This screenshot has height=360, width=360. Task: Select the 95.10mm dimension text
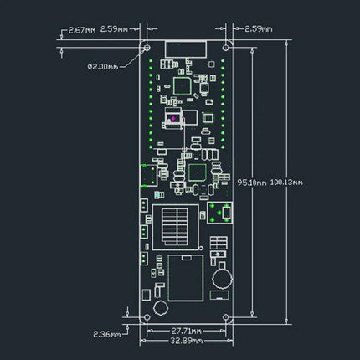coord(253,181)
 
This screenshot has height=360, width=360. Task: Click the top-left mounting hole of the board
coord(148,49)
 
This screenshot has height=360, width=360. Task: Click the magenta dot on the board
coord(172,119)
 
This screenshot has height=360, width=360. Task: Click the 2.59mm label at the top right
coord(255,29)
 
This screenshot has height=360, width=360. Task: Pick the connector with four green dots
coord(221,214)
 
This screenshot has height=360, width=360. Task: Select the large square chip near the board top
coord(183,84)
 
